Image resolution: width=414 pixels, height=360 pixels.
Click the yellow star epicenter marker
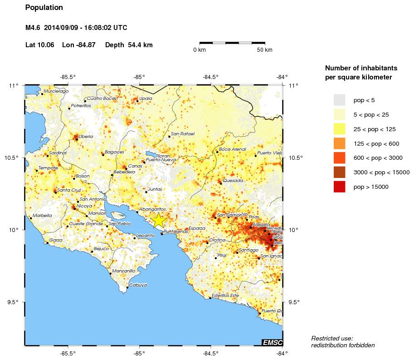point(159,220)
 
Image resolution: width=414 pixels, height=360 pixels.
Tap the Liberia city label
point(86,136)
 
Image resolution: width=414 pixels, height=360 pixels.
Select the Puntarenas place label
point(175,232)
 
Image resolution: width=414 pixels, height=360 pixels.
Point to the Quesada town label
point(233,180)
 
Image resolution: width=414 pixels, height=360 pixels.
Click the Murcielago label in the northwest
point(56,91)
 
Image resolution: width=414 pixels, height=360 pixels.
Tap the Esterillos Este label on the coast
point(228,296)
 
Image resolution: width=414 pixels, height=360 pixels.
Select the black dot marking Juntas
point(146,192)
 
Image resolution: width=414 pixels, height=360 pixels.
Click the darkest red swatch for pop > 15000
point(339,187)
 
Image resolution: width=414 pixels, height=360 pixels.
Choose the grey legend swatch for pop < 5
point(339,100)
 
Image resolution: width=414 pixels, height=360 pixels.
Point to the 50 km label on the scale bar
point(265,50)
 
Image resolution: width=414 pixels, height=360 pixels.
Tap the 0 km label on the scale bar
point(200,50)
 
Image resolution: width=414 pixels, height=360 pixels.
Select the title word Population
point(44,8)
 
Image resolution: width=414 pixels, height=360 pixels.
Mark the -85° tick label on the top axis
point(139,77)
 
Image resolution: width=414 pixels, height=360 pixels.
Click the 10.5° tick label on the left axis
point(14,158)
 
